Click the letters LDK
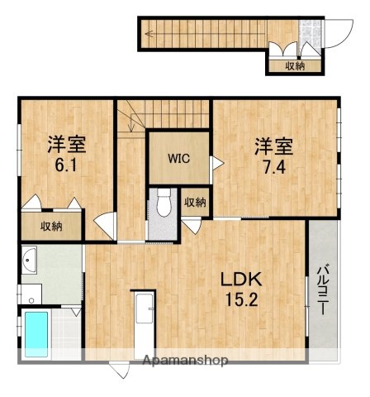pos(239,280)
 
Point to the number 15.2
pos(240,299)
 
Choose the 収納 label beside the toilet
pos(195,201)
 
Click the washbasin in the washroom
pos(30,262)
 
